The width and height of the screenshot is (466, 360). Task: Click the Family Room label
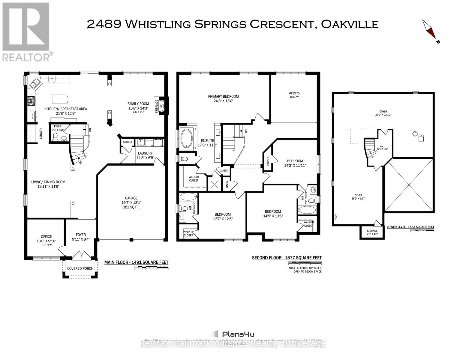click(138, 104)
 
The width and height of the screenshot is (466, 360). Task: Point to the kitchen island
click(60, 99)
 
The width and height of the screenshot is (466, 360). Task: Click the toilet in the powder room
click(55, 137)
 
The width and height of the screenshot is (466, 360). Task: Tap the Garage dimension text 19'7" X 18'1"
click(131, 202)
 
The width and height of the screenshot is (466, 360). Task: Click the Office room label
click(46, 236)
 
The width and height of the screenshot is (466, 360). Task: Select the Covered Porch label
click(80, 268)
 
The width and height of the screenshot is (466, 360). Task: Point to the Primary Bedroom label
click(223, 96)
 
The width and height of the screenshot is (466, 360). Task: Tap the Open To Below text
click(294, 95)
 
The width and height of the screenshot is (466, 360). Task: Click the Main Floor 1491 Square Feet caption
click(136, 262)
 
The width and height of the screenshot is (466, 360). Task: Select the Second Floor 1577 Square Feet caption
click(287, 258)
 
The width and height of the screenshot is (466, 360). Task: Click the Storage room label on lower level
click(372, 231)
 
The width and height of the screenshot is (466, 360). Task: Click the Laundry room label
click(145, 153)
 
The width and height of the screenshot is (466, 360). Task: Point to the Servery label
click(41, 133)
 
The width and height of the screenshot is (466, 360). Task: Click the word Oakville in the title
click(350, 24)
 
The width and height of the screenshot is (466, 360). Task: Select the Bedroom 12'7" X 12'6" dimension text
click(222, 219)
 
